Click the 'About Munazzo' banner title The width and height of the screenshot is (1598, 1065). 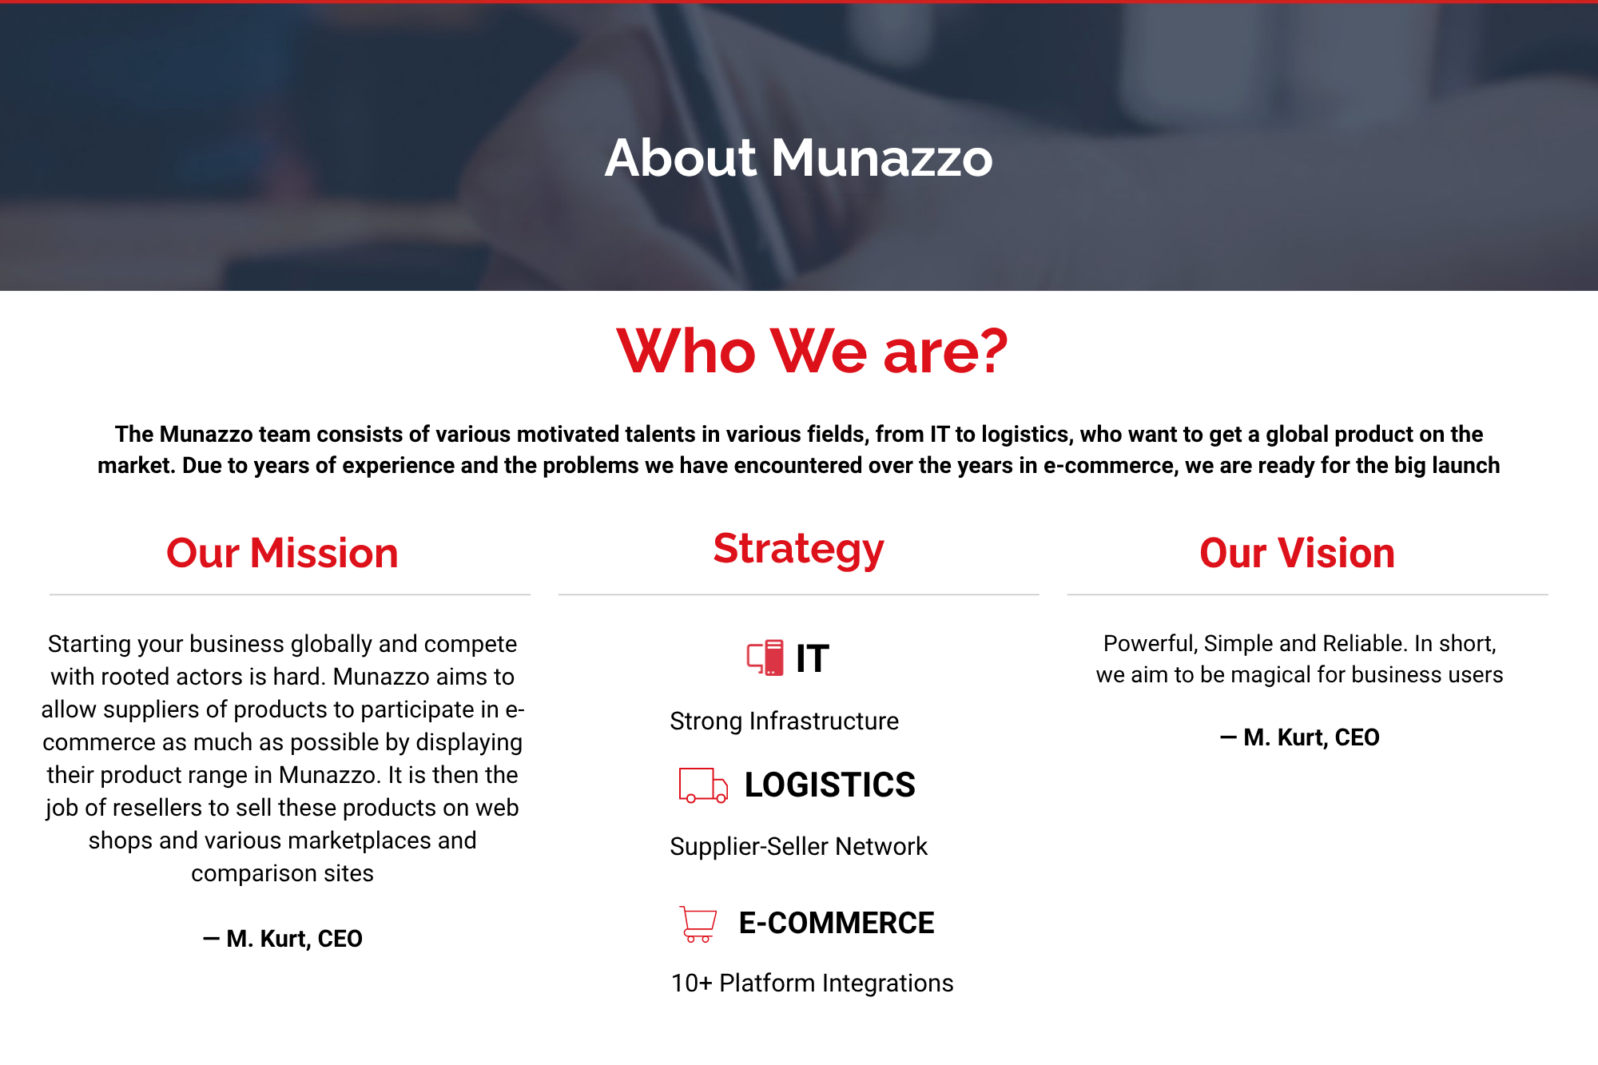[x=799, y=157]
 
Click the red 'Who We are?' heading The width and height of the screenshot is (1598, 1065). [x=812, y=351]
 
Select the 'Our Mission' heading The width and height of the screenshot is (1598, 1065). [x=282, y=553]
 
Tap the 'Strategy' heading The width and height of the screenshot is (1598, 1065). [x=799, y=550]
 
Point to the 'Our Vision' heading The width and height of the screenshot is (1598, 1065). [x=1297, y=553]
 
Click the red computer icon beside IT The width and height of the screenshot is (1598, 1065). [x=765, y=658]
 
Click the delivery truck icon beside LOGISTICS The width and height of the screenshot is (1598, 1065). [x=703, y=785]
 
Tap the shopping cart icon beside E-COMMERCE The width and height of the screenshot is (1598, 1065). [x=698, y=924]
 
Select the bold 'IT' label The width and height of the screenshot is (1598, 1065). [x=813, y=659]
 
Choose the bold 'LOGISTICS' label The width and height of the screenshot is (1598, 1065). [x=829, y=785]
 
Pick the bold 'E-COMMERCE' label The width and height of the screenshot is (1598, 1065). [x=837, y=923]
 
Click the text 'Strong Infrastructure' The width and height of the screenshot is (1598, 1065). [x=784, y=721]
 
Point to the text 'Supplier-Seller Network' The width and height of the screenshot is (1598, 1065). [x=798, y=847]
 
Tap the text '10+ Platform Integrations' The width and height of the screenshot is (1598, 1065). [x=812, y=984]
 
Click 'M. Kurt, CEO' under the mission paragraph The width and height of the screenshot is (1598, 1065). [x=294, y=939]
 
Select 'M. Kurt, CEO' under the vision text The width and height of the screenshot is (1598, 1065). [x=1311, y=737]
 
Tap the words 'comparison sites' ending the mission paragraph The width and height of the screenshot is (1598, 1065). [x=282, y=874]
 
